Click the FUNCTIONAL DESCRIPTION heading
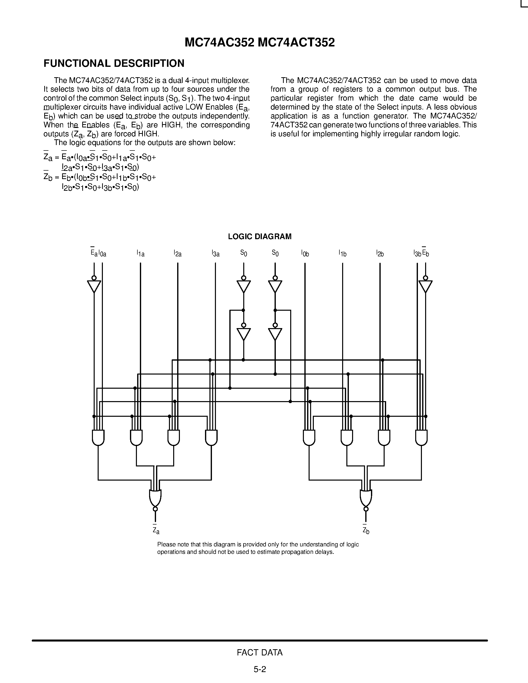point(114,64)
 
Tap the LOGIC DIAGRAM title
point(260,236)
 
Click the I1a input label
point(140,253)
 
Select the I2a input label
point(178,253)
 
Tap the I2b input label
point(380,253)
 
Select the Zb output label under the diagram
point(366,531)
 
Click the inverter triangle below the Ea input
point(94,286)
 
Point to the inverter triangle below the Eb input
point(425,286)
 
